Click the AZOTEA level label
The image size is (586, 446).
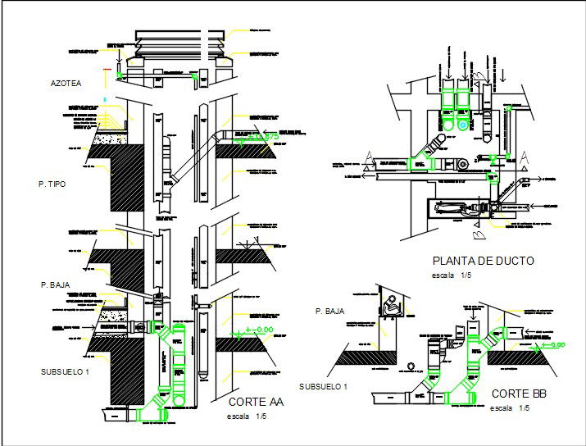click(x=65, y=84)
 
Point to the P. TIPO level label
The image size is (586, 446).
click(x=64, y=184)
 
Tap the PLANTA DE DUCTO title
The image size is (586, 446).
click(x=483, y=262)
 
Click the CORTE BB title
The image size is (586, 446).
click(x=518, y=394)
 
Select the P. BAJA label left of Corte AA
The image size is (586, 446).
click(x=56, y=284)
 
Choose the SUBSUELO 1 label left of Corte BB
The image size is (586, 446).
click(x=323, y=386)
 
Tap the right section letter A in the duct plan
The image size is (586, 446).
click(x=523, y=156)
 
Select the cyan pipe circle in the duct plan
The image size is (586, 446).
click(x=464, y=125)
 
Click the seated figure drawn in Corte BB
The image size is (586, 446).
click(x=392, y=307)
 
